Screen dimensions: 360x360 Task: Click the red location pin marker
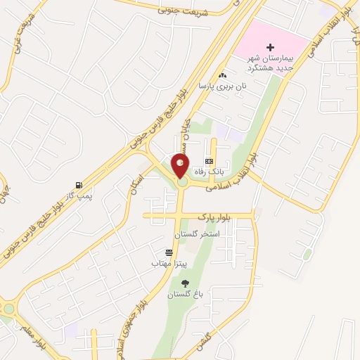click(181, 167)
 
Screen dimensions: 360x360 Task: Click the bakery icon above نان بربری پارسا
click(223, 75)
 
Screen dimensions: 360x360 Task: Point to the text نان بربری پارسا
click(214, 86)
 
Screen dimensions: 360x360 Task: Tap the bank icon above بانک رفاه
click(209, 161)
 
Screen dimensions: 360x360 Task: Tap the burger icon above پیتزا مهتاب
click(169, 252)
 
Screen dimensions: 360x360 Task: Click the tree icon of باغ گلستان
click(186, 283)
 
